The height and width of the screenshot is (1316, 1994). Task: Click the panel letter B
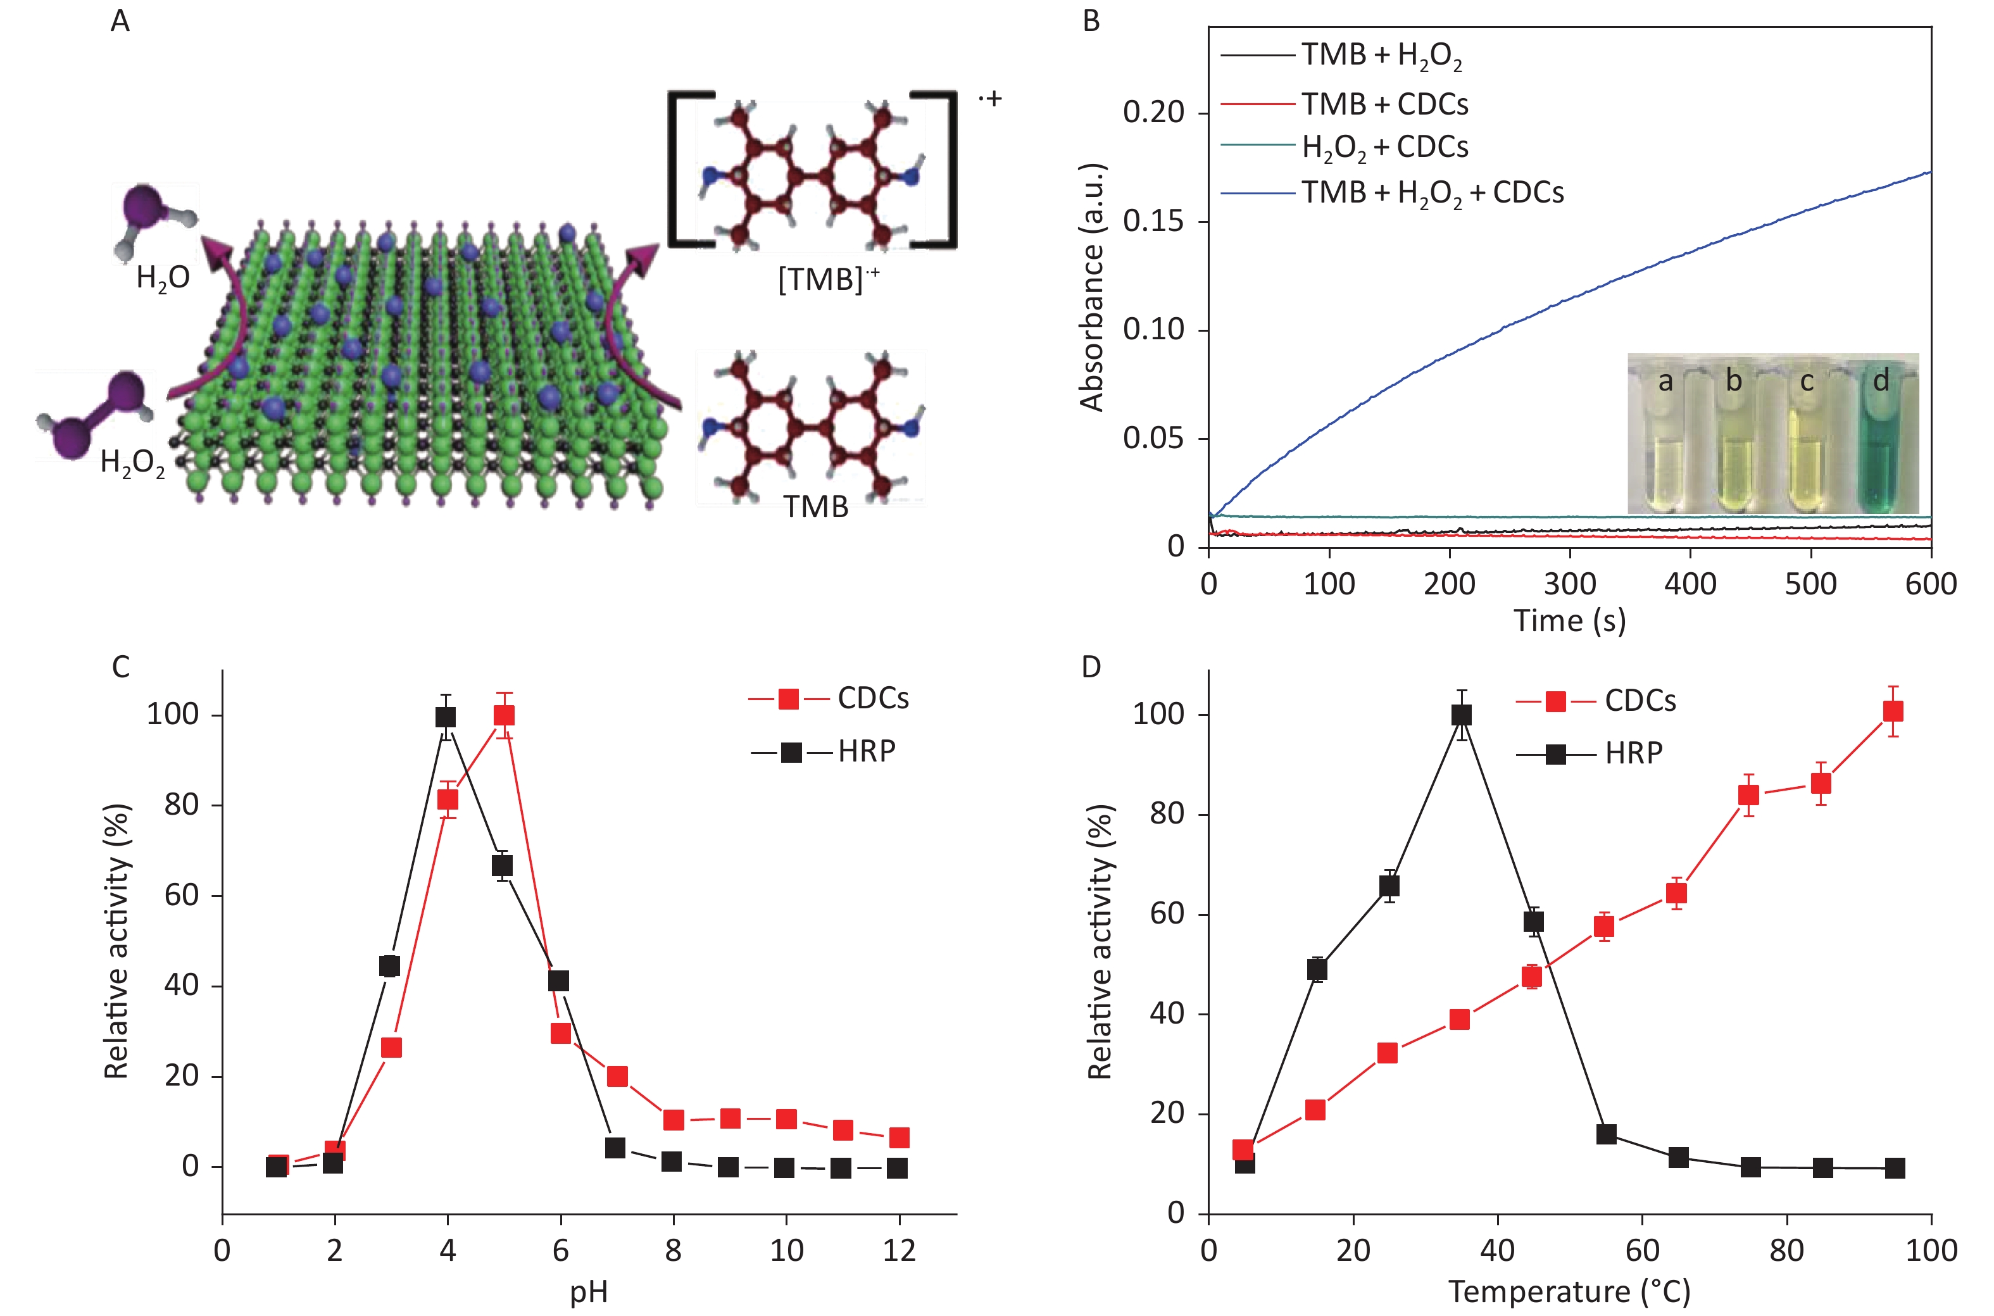[x=1091, y=20]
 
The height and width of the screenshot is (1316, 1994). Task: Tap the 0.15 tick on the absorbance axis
[x=1153, y=222]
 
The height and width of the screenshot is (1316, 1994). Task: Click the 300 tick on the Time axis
[x=1569, y=583]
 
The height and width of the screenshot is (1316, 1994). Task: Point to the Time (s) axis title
[x=1569, y=621]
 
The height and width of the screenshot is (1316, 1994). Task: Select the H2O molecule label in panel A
[x=163, y=278]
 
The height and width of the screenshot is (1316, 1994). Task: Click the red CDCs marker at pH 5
[x=503, y=715]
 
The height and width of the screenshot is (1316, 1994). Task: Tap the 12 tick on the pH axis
[x=899, y=1251]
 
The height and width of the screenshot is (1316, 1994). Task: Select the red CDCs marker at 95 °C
[x=1893, y=711]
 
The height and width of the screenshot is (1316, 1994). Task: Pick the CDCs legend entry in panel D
[x=1595, y=701]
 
